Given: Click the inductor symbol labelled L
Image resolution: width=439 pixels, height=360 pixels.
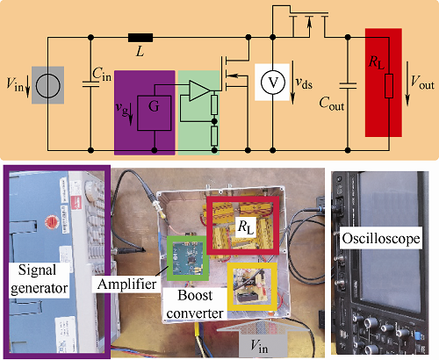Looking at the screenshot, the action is [140, 38].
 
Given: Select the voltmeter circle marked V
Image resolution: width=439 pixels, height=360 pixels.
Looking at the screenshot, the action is [273, 83].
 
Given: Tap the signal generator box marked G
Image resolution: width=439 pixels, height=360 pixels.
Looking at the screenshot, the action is [155, 113].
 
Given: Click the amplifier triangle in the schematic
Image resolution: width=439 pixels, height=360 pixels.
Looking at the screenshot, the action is [200, 90].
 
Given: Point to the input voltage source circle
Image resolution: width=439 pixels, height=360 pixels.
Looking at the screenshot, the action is [48, 86].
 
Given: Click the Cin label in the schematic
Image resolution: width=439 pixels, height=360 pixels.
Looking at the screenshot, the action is [102, 74].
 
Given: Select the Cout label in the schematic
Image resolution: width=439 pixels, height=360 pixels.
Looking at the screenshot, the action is [331, 104].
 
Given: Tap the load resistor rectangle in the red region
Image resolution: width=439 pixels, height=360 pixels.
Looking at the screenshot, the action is [389, 86].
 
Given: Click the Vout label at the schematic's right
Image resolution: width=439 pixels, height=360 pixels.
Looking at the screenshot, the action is [422, 83].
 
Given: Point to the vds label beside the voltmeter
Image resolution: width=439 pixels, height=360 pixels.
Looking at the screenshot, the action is [304, 83].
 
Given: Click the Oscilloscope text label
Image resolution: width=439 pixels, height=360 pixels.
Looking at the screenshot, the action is [381, 239].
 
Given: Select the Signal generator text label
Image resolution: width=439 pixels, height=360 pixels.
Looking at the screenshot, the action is [39, 279].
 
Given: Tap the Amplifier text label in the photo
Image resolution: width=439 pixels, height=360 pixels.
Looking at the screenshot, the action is [126, 284].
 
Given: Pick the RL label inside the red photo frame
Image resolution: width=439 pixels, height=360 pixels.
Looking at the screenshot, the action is [245, 227].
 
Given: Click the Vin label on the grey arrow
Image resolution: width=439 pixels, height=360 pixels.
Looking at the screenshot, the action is [259, 346].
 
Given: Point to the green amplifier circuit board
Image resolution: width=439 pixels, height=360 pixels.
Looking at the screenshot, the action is [188, 257].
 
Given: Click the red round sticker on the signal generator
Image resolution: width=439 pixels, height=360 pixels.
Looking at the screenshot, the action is [52, 222].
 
